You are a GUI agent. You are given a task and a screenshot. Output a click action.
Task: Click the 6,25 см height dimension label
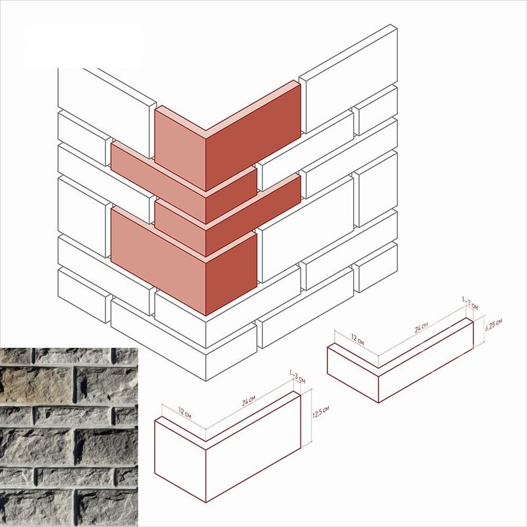tap(493, 325)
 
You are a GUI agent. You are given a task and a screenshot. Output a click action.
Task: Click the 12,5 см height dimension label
tap(321, 412)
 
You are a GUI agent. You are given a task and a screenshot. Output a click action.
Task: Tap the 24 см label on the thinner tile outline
tap(421, 327)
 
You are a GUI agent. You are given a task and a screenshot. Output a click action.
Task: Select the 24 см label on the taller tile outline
tap(248, 401)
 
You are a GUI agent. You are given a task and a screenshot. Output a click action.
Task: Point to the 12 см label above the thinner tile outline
tap(357, 339)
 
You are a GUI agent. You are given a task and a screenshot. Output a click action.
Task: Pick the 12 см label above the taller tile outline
tap(184, 413)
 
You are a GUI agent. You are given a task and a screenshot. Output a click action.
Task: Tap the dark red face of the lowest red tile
tap(231, 274)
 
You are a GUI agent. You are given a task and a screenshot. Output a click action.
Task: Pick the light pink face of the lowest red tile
tap(158, 261)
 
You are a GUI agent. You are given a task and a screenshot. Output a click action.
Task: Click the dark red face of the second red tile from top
tap(231, 196)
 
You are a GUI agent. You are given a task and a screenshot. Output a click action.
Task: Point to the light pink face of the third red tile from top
tap(180, 227)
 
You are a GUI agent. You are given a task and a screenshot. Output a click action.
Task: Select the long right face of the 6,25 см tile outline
tap(426, 362)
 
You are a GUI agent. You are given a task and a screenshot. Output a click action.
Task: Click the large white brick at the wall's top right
tap(348, 78)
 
